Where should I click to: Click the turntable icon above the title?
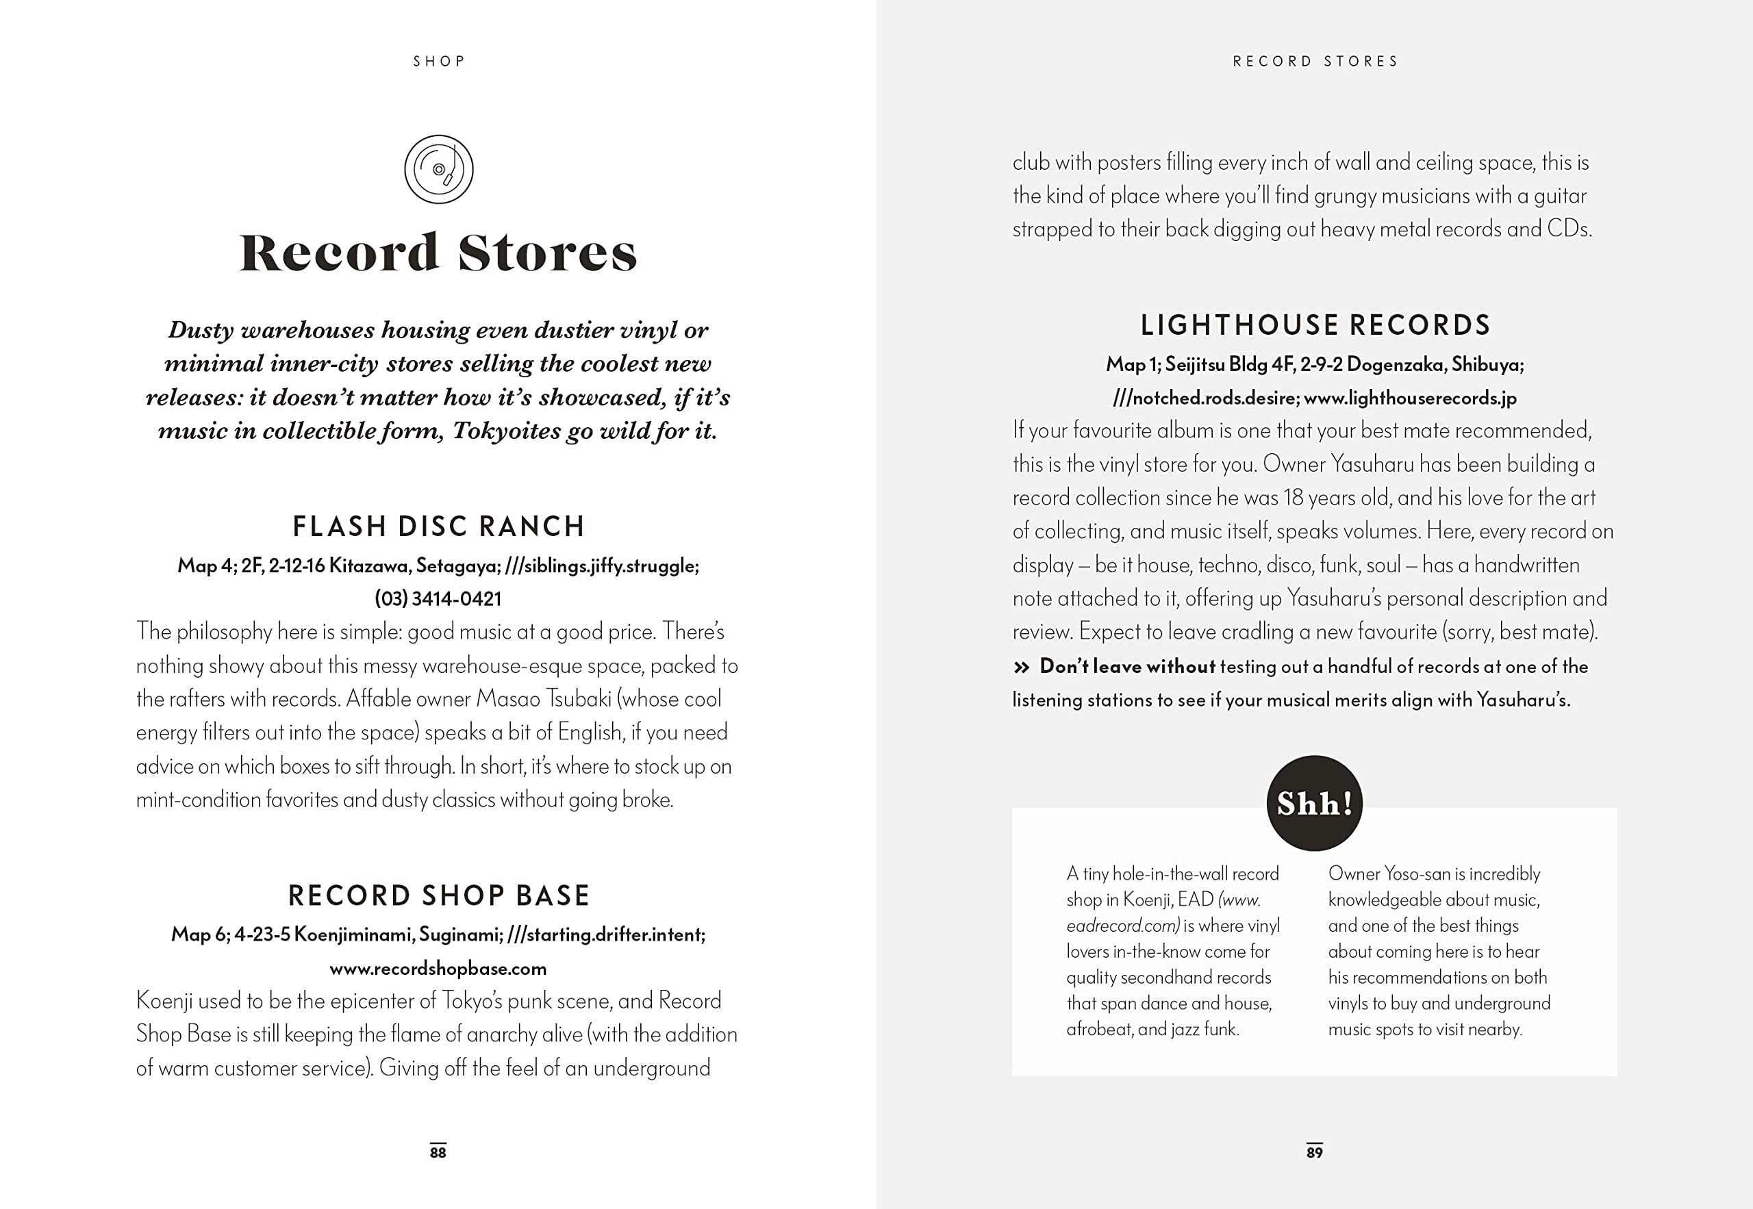[x=439, y=169]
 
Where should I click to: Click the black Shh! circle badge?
[x=1314, y=803]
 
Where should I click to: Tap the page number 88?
[x=438, y=1152]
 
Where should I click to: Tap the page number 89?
[x=1314, y=1152]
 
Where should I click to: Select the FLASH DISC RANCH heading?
[x=439, y=526]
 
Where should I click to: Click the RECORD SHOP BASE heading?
[x=439, y=895]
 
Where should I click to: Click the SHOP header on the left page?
[x=439, y=62]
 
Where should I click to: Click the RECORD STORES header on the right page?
[x=1315, y=62]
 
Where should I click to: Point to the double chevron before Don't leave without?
[x=1021, y=667]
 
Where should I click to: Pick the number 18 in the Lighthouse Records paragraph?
[x=1293, y=498]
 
